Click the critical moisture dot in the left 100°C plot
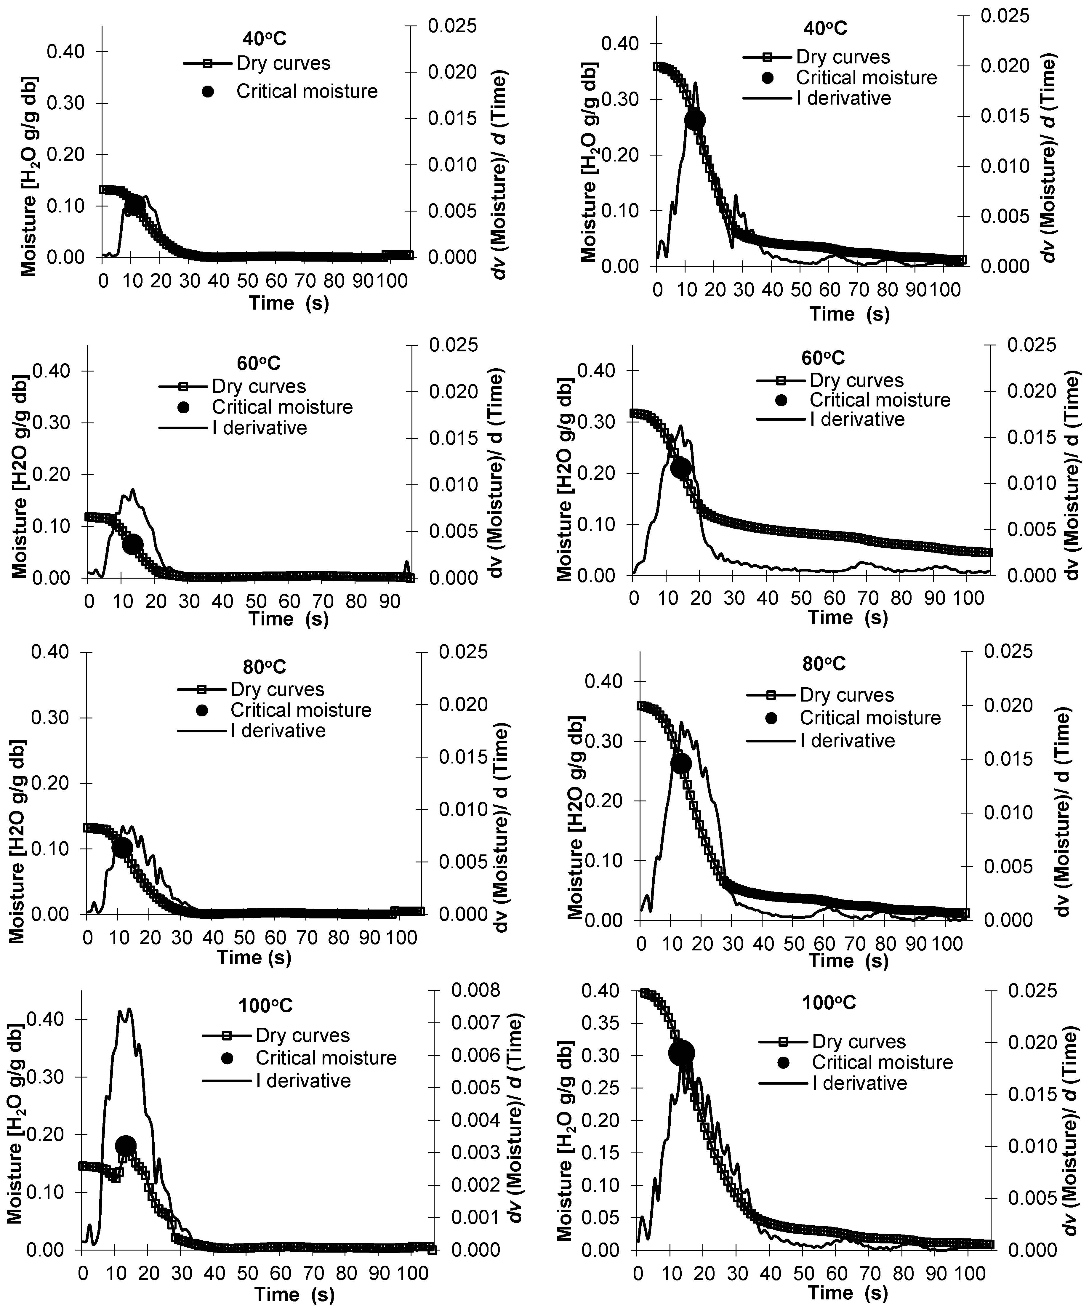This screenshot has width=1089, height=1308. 125,1145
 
